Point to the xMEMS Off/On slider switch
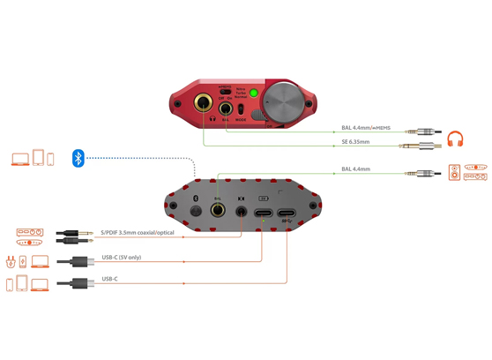(226, 90)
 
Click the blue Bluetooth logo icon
(78, 159)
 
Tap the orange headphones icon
(455, 139)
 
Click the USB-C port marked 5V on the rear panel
(263, 212)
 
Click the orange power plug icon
(12, 262)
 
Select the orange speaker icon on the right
(455, 172)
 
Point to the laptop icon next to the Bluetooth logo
(19, 159)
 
